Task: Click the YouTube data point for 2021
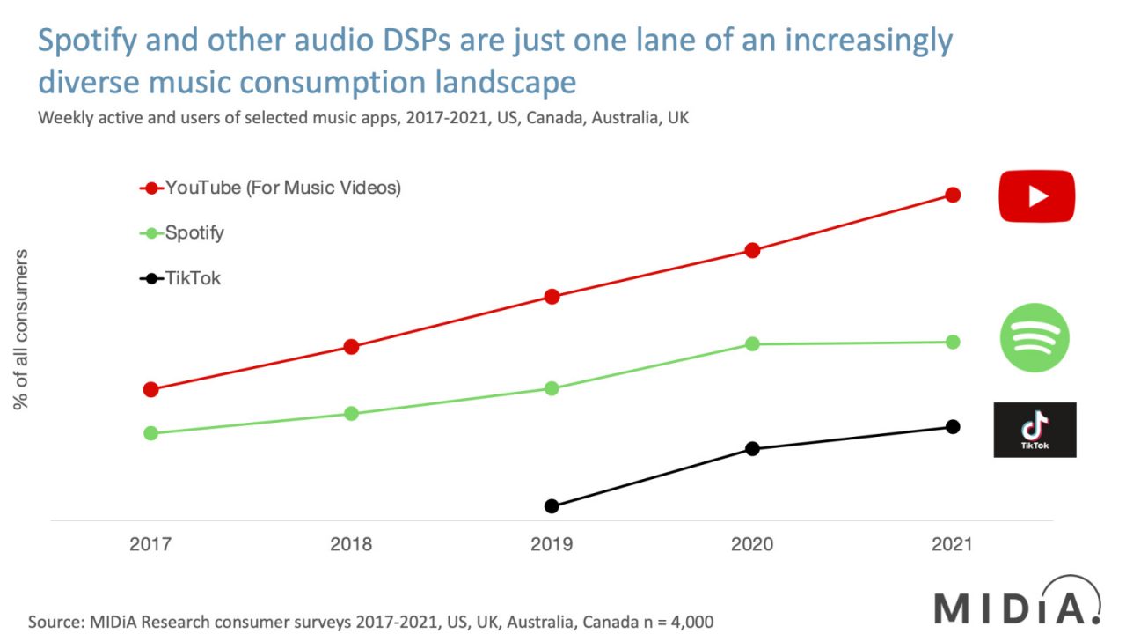click(x=952, y=195)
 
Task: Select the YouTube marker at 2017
click(x=150, y=389)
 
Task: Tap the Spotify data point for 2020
click(x=752, y=343)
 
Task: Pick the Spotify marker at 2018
click(x=351, y=413)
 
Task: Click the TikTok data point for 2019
click(x=552, y=505)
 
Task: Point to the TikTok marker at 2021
click(x=952, y=426)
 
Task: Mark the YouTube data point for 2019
click(x=552, y=297)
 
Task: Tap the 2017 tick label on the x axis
click(x=150, y=544)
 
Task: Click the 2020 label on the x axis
click(x=752, y=544)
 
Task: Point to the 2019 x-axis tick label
click(x=552, y=544)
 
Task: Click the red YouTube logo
click(x=1036, y=196)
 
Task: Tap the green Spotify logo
click(x=1035, y=337)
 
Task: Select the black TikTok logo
click(x=1035, y=430)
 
